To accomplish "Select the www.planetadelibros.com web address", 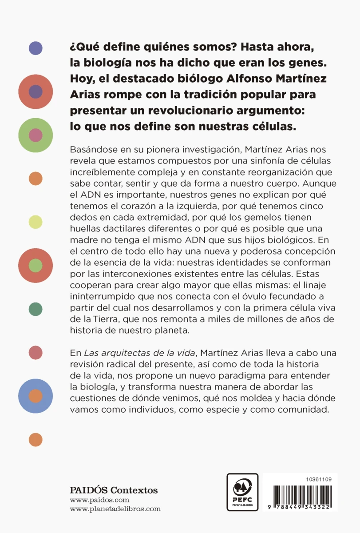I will [115, 509].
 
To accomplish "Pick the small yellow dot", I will [36, 222].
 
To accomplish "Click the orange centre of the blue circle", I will [36, 396].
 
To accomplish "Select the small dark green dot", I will [36, 309].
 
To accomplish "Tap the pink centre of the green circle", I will [36, 135].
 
